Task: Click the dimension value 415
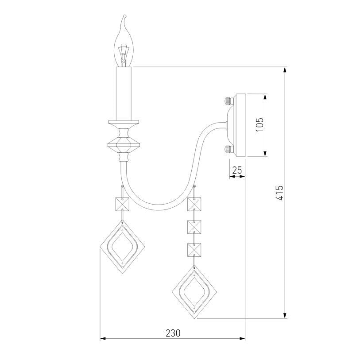[280, 193]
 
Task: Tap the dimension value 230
[173, 333]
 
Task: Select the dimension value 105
[259, 125]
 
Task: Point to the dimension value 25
[237, 170]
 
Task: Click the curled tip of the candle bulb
[124, 16]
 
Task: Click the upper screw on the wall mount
[228, 101]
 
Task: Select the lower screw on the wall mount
[228, 149]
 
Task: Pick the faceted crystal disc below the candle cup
[124, 145]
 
